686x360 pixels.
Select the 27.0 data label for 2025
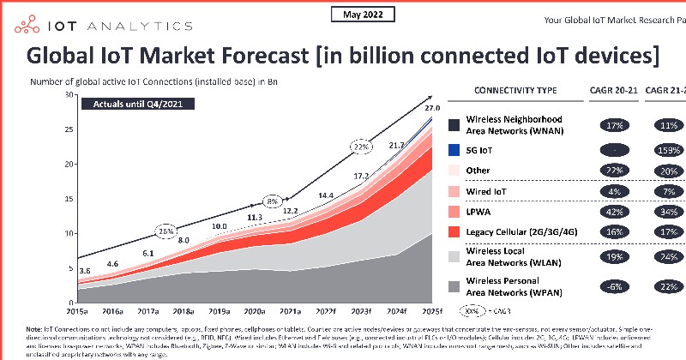(x=432, y=109)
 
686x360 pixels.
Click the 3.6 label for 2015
(x=85, y=272)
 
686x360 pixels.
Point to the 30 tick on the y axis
(x=69, y=94)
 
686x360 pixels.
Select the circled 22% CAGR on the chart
(x=362, y=147)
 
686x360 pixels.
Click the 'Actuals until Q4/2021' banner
(x=137, y=104)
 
